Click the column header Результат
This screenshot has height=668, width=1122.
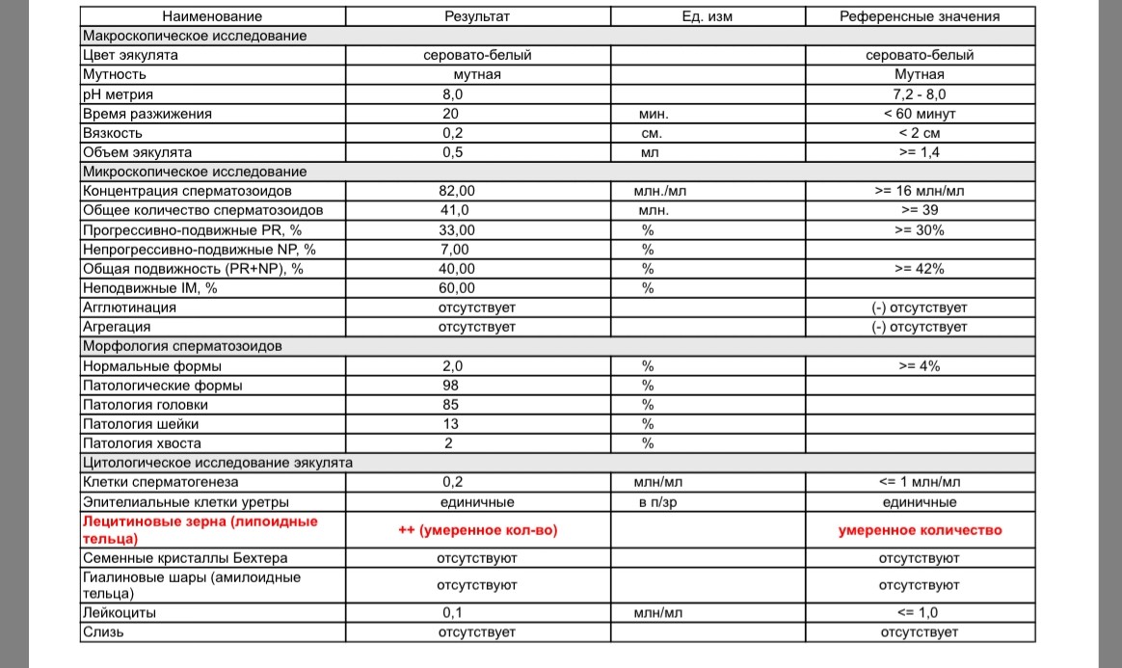pyautogui.click(x=477, y=16)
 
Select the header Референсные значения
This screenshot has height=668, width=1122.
pyautogui.click(x=920, y=16)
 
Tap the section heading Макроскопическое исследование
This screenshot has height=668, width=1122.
pyautogui.click(x=195, y=36)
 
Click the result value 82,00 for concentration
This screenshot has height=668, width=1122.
pyautogui.click(x=457, y=191)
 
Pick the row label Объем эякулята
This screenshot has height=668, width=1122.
pyautogui.click(x=138, y=152)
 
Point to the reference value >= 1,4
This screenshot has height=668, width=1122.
pyautogui.click(x=920, y=152)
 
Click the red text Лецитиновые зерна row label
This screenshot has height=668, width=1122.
pyautogui.click(x=200, y=529)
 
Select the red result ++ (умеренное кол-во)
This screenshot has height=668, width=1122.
pyautogui.click(x=477, y=530)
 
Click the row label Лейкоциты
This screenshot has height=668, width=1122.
pyautogui.click(x=120, y=612)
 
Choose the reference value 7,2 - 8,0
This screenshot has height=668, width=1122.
pyautogui.click(x=920, y=94)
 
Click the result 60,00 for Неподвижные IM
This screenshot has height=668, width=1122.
pyautogui.click(x=457, y=288)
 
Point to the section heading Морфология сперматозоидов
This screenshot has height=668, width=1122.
pyautogui.click(x=182, y=346)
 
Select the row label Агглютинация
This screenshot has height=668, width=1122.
pyautogui.click(x=130, y=307)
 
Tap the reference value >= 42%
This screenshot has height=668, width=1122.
pyautogui.click(x=920, y=269)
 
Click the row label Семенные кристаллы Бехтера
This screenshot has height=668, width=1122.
pyautogui.click(x=185, y=558)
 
